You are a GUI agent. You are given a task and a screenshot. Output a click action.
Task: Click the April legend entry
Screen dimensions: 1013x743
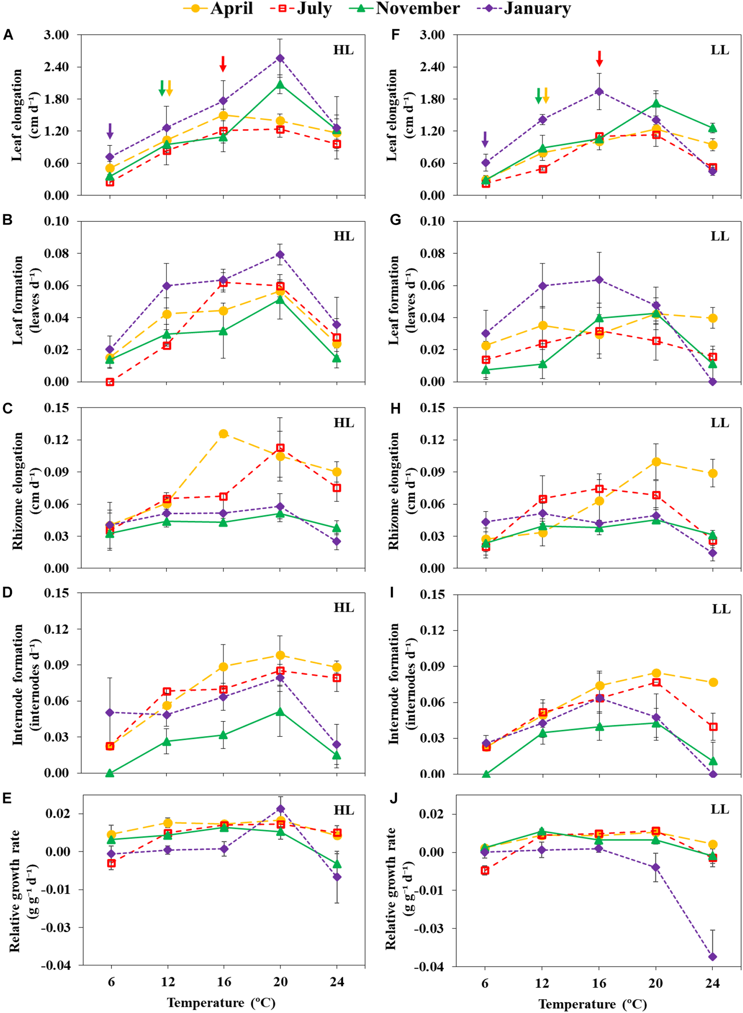[x=218, y=8]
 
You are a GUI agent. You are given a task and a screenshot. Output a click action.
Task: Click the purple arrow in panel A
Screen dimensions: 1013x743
[x=110, y=131]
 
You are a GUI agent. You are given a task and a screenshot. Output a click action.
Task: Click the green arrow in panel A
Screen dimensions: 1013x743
[x=162, y=88]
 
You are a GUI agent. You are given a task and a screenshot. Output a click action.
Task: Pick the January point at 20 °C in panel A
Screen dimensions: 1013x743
[x=280, y=58]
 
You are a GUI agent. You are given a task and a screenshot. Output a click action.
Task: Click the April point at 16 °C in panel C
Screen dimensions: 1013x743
[x=223, y=434]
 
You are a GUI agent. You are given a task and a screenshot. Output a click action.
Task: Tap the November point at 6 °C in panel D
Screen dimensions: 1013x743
[x=110, y=773]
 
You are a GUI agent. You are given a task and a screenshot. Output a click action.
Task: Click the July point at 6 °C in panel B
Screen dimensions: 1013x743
[x=110, y=382]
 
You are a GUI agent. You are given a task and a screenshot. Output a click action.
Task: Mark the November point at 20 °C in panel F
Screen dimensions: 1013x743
[x=656, y=103]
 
